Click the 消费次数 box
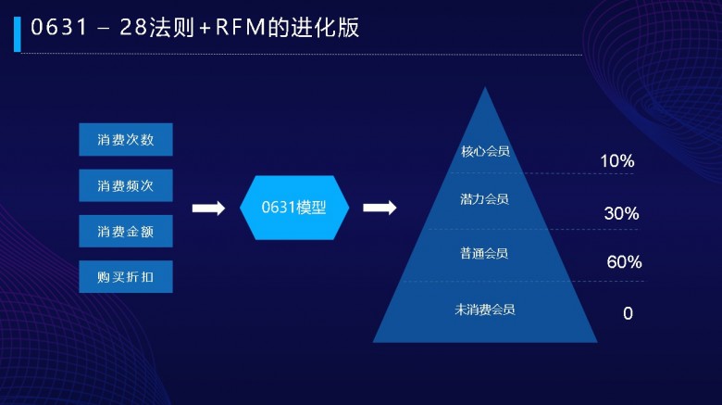(126, 139)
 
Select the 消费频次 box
(126, 185)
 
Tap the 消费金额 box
(126, 231)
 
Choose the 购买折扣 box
(126, 277)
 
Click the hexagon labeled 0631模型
(294, 208)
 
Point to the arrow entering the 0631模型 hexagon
(208, 208)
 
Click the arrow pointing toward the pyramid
(380, 208)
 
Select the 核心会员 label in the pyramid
(485, 151)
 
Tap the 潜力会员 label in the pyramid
(484, 199)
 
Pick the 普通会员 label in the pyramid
(484, 253)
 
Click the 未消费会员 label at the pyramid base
(485, 310)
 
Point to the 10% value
(617, 161)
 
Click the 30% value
(621, 213)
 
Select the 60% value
(624, 262)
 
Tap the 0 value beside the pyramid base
(629, 313)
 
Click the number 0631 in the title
(59, 27)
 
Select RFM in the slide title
(240, 27)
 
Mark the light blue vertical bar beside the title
(18, 34)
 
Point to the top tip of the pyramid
(485, 87)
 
